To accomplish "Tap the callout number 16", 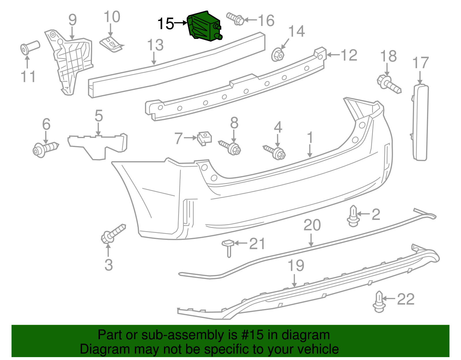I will point(266,20).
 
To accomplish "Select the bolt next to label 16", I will point(235,19).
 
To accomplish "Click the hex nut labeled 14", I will point(277,54).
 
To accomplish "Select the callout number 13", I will point(155,45).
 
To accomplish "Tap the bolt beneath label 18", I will point(389,84).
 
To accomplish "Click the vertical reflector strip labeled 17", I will point(421,122).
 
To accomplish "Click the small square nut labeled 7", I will point(205,138).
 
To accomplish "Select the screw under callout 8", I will point(231,147).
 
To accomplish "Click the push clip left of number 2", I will point(353,216).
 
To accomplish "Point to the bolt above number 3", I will point(113,233).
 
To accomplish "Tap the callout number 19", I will point(296,266).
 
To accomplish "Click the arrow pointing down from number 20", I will point(311,240).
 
